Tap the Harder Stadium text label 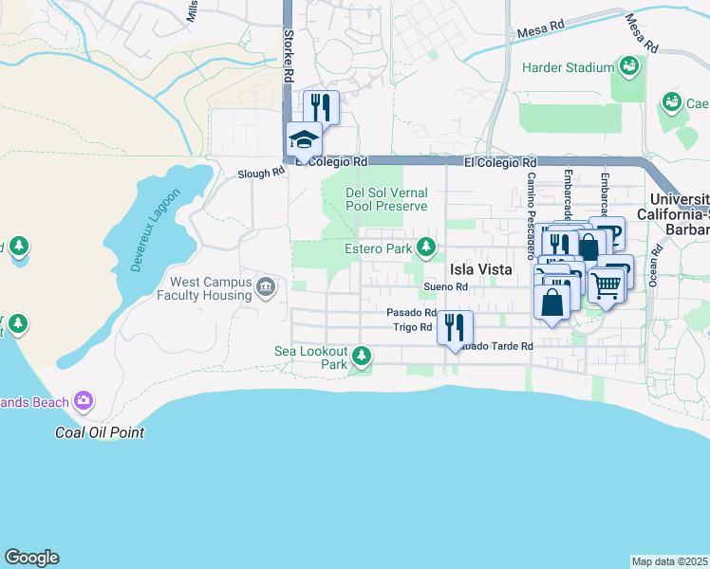(x=569, y=67)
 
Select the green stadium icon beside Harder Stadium (x=628, y=66)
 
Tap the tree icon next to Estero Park (x=427, y=248)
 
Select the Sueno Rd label (x=446, y=287)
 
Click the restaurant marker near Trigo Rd (x=455, y=328)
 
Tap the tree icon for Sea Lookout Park (x=361, y=357)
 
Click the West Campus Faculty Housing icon (x=265, y=285)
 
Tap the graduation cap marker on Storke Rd (x=304, y=140)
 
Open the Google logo (x=31, y=558)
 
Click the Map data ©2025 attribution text (x=670, y=561)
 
